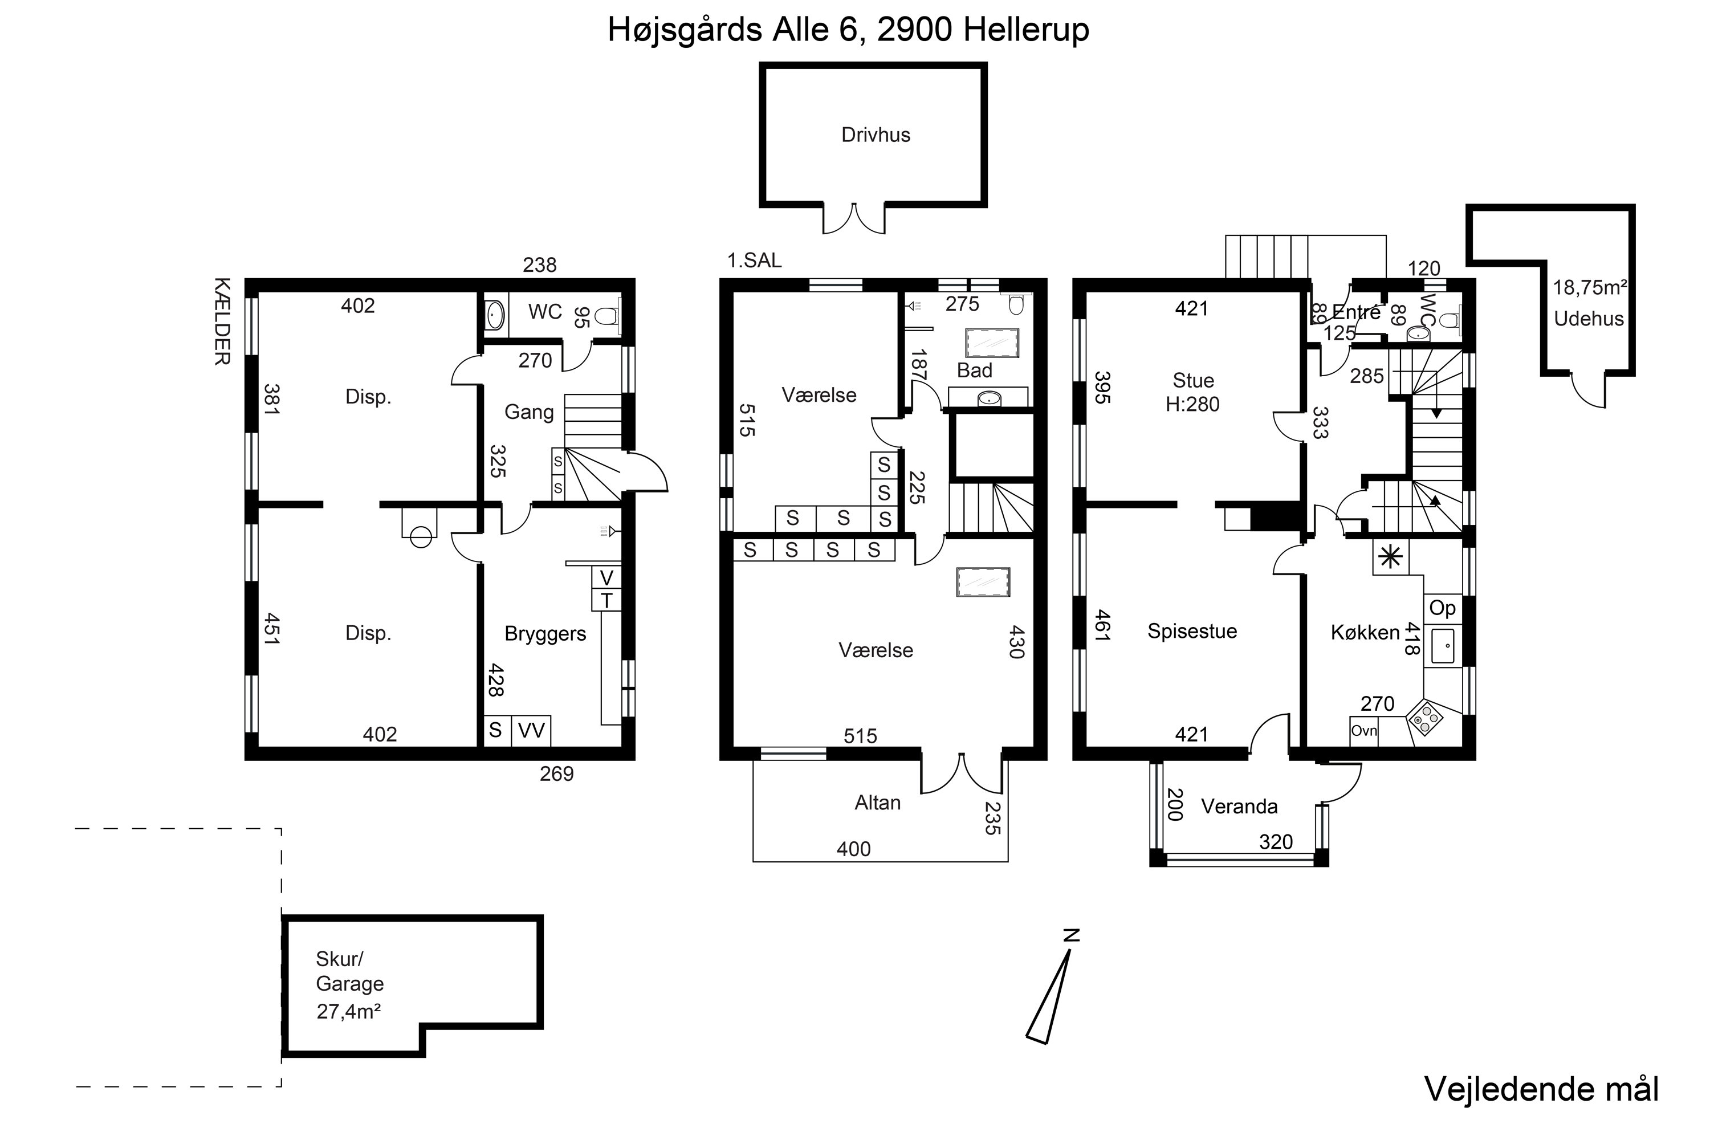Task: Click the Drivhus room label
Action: click(876, 135)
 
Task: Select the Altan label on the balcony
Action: click(878, 803)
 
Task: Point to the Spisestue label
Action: click(1192, 631)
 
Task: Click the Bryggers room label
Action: click(545, 634)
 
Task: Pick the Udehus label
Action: click(1589, 319)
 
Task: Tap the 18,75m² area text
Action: click(1590, 288)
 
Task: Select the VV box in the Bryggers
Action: click(531, 731)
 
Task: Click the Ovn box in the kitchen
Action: click(1364, 731)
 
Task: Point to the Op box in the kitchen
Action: click(1443, 608)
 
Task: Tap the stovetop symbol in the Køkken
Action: click(1425, 719)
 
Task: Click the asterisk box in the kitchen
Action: click(1391, 557)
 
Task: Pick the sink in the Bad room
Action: click(989, 398)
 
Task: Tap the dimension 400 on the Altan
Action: click(853, 849)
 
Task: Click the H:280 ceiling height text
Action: click(1192, 404)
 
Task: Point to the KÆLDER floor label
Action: click(222, 321)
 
